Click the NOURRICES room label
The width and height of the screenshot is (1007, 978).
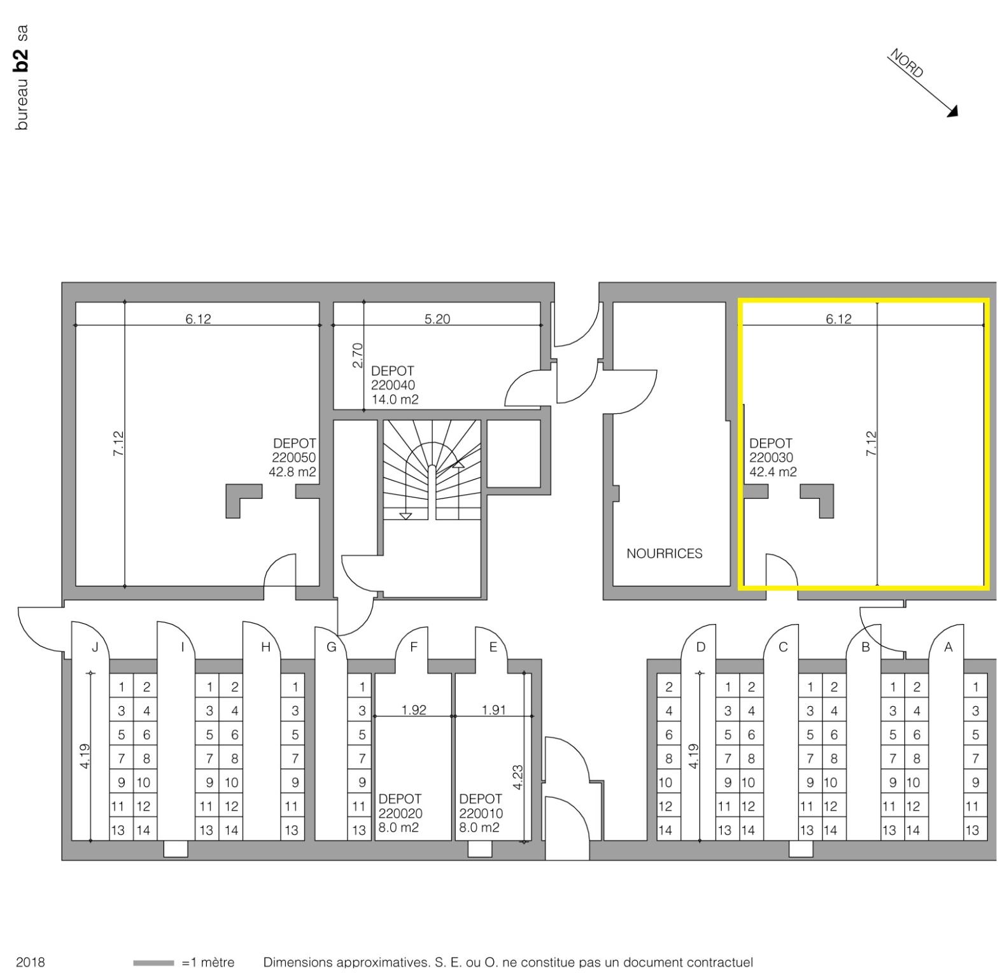(664, 553)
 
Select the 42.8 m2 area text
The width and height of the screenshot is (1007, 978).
(292, 472)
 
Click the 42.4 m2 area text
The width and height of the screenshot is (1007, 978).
(773, 472)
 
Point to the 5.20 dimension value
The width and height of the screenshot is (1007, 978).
(437, 319)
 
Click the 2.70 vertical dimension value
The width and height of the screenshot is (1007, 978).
(357, 355)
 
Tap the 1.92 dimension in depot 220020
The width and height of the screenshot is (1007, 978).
(414, 709)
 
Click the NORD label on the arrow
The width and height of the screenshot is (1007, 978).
(906, 63)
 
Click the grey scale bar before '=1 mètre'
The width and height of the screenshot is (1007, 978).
(153, 963)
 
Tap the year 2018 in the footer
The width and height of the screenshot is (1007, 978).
(30, 962)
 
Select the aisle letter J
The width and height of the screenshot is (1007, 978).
(95, 647)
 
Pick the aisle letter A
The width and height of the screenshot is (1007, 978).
(948, 647)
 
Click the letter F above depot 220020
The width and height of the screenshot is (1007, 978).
(414, 647)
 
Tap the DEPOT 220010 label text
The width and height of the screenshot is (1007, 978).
(481, 806)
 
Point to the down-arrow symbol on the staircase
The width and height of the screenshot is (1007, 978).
(405, 516)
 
